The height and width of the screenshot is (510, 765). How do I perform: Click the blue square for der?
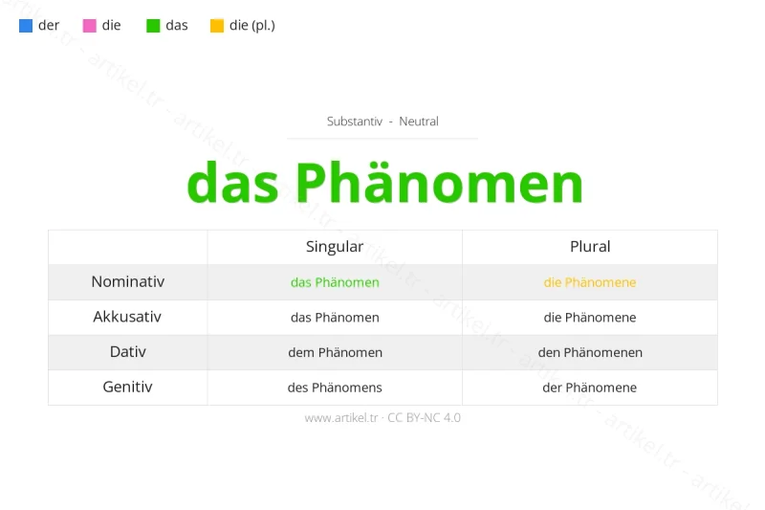coord(26,26)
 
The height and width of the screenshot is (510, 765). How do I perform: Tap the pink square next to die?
coord(90,26)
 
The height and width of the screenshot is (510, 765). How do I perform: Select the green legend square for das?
coord(153,26)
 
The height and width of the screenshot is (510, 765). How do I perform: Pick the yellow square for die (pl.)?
coord(217,26)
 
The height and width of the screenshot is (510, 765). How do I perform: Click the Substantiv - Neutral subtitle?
coord(382,122)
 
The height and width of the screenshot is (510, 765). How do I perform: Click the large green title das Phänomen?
coord(384,182)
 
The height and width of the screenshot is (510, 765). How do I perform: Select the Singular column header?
coord(335,247)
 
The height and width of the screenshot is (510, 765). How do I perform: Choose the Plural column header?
coord(590,247)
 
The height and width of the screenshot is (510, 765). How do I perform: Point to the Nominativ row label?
coord(128,282)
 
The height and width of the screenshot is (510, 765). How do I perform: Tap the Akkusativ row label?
coord(128,317)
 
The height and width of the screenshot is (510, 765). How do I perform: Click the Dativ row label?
coord(128,352)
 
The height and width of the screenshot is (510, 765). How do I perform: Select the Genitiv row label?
coord(128,387)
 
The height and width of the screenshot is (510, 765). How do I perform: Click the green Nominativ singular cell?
coord(335,282)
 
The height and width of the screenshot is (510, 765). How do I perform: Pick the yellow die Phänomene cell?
coord(590,282)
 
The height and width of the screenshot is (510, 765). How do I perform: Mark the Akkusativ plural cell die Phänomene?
coord(590,318)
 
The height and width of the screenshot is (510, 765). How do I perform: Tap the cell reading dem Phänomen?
coord(335,352)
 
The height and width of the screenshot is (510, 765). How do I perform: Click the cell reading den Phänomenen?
coord(590,352)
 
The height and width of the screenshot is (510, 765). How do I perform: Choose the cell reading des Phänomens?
coord(335,388)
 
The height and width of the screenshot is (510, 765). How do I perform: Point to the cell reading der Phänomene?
coord(590,388)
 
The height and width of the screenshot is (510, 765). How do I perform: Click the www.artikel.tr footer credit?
coord(382,418)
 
